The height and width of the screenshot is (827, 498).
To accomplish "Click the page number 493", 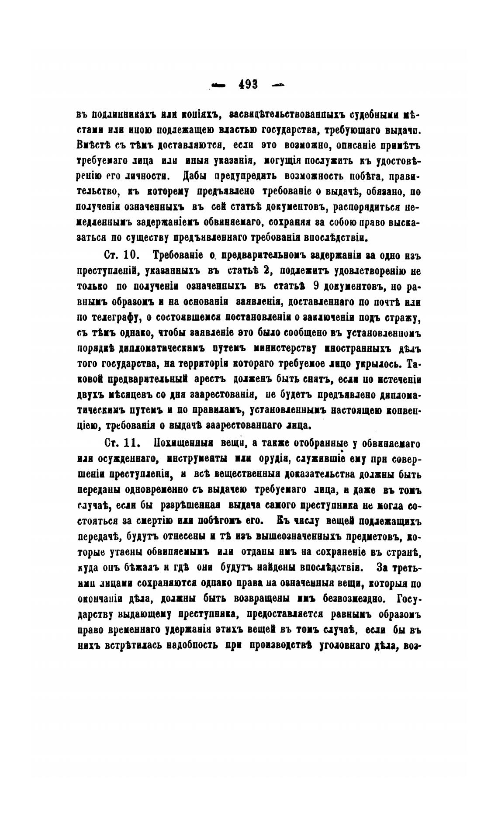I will [x=248, y=84].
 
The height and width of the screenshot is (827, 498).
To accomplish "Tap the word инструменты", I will [x=197, y=460].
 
